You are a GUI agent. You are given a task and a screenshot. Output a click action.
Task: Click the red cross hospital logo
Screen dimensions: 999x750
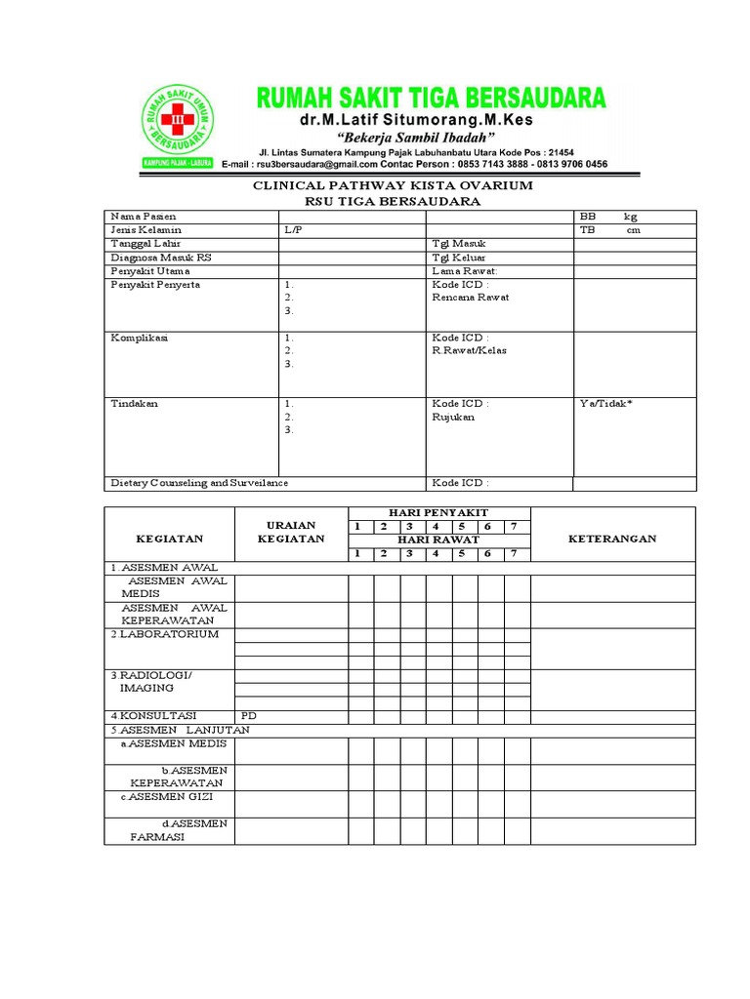coord(177,122)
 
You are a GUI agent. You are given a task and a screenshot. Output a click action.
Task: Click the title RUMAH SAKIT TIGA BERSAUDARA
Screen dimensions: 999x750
coord(430,98)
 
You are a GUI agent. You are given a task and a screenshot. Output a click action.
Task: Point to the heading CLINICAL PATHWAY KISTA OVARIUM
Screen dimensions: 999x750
coord(394,185)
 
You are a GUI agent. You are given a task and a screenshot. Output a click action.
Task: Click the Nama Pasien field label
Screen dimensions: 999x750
coord(144,216)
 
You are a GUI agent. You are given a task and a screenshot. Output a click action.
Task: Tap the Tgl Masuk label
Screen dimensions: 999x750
coord(459,243)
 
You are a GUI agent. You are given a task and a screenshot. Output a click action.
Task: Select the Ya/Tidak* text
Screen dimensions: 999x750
coord(606,403)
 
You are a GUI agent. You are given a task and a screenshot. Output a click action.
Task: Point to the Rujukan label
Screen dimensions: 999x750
coord(453,417)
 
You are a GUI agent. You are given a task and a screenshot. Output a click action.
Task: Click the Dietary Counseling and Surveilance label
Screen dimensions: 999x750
coord(199,483)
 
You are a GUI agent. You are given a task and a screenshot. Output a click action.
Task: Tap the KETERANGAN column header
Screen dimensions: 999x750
coord(612,539)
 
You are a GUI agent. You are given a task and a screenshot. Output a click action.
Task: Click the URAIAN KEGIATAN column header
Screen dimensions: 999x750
coord(285,532)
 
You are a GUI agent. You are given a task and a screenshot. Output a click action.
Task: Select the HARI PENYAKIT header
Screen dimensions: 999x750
coord(438,512)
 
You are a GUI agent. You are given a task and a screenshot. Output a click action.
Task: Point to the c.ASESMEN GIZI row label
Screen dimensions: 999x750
coord(167,796)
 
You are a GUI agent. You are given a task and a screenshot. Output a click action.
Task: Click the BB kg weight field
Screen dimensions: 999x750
coord(609,216)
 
